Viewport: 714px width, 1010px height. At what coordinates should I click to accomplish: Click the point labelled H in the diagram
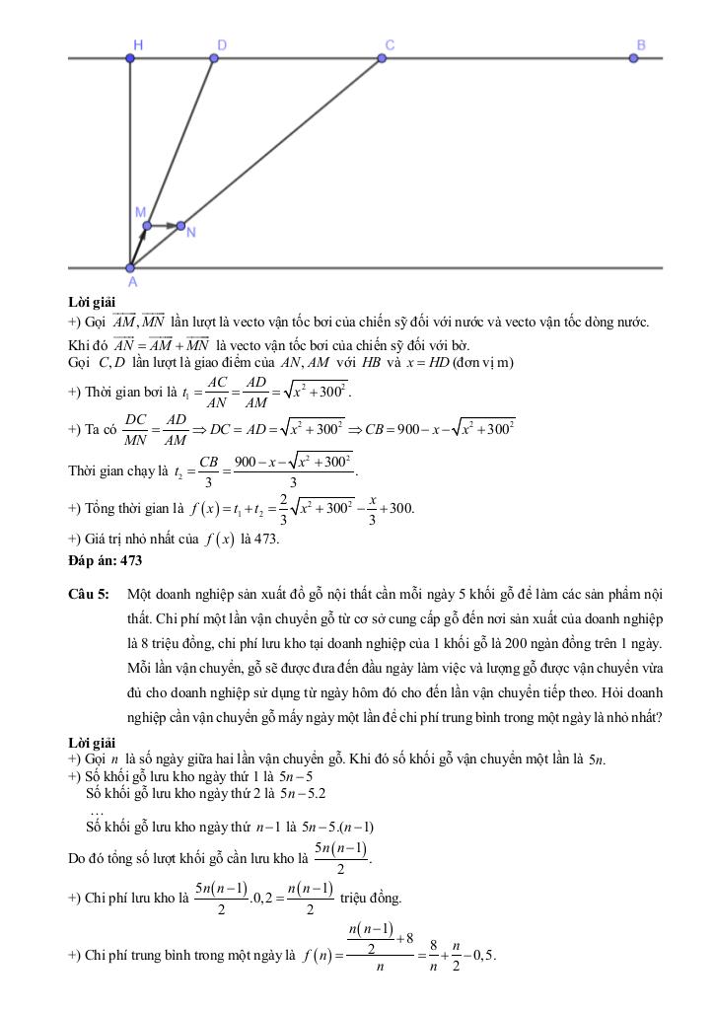click(130, 59)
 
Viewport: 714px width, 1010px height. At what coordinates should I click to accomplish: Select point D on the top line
click(215, 59)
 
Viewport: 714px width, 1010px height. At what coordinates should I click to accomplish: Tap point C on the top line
click(382, 59)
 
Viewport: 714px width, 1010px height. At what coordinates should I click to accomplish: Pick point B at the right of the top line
click(634, 59)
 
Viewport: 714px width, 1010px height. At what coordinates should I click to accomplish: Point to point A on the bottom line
click(130, 267)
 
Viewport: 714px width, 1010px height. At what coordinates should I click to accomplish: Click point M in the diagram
click(146, 226)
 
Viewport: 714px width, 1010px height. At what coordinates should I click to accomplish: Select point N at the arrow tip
click(181, 226)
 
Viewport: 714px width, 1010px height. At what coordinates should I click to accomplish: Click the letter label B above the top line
click(640, 44)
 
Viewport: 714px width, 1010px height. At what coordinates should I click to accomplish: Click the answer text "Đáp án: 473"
click(106, 561)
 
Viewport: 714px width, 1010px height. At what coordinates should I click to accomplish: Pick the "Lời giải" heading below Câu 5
click(92, 742)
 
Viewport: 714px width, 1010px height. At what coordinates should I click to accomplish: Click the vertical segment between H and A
click(130, 163)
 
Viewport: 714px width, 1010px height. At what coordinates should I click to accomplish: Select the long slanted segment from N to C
click(281, 143)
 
